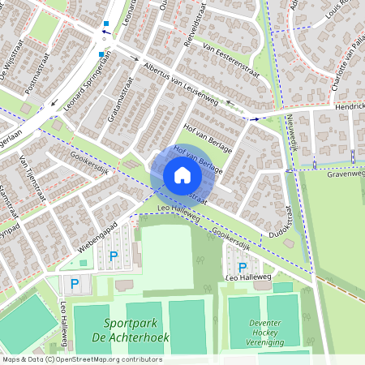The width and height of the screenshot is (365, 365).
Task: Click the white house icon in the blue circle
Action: pos(182,175)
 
